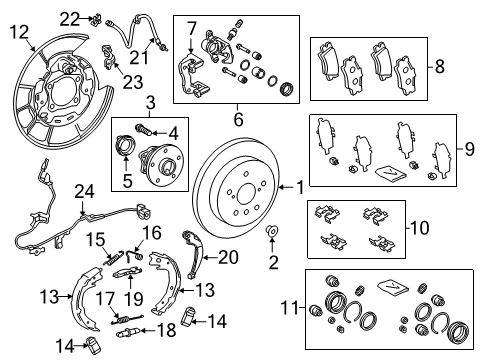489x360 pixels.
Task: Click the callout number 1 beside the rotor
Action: tap(298, 186)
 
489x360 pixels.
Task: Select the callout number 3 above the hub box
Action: tap(150, 102)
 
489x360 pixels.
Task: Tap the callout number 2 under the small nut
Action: tap(269, 261)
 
